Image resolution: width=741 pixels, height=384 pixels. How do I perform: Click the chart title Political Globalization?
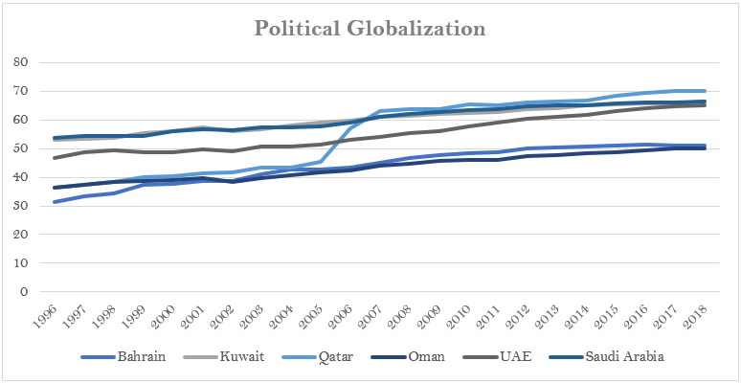(370, 29)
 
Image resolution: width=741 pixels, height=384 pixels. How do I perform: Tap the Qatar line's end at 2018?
(707, 91)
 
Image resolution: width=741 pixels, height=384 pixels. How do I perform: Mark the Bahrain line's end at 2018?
(707, 146)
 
